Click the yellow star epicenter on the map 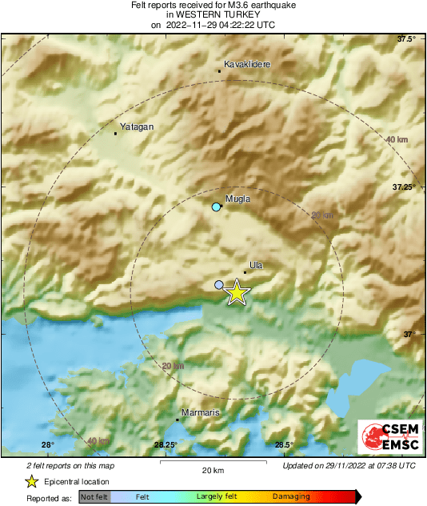point(236,293)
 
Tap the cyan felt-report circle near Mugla point(216,207)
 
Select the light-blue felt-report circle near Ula point(220,284)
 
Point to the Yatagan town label point(136,127)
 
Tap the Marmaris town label point(201,412)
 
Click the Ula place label point(257,264)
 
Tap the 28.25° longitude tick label point(166,445)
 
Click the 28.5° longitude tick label point(284,445)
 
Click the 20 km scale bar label point(212,471)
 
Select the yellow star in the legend point(31,481)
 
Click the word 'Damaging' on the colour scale point(291,496)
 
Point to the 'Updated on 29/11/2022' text point(349,465)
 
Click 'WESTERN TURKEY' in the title point(213,14)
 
